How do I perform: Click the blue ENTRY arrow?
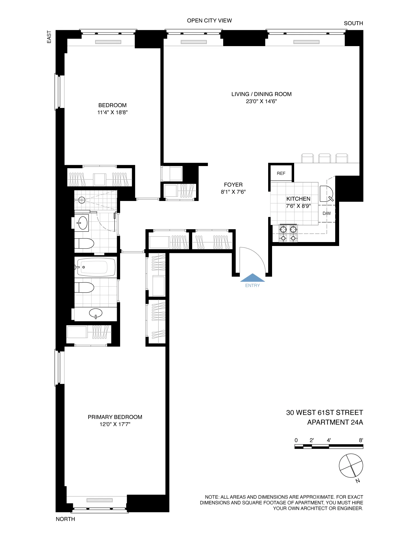[x=253, y=278]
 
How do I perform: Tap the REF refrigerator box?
[x=281, y=173]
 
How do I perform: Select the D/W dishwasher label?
[x=327, y=213]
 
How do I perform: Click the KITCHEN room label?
[x=298, y=199]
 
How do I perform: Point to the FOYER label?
[x=233, y=184]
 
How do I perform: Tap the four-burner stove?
[x=288, y=233]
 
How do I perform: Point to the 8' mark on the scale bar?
[x=361, y=440]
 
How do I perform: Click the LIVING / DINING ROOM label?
[x=261, y=94]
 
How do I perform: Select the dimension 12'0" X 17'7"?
[x=115, y=424]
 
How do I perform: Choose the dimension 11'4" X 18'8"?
[x=112, y=112]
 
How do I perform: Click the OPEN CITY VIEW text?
[x=209, y=20]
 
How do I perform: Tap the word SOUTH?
[x=353, y=23]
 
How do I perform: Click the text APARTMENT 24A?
[x=335, y=422]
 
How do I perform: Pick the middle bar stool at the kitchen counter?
[x=325, y=158]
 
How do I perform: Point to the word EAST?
[x=49, y=37]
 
